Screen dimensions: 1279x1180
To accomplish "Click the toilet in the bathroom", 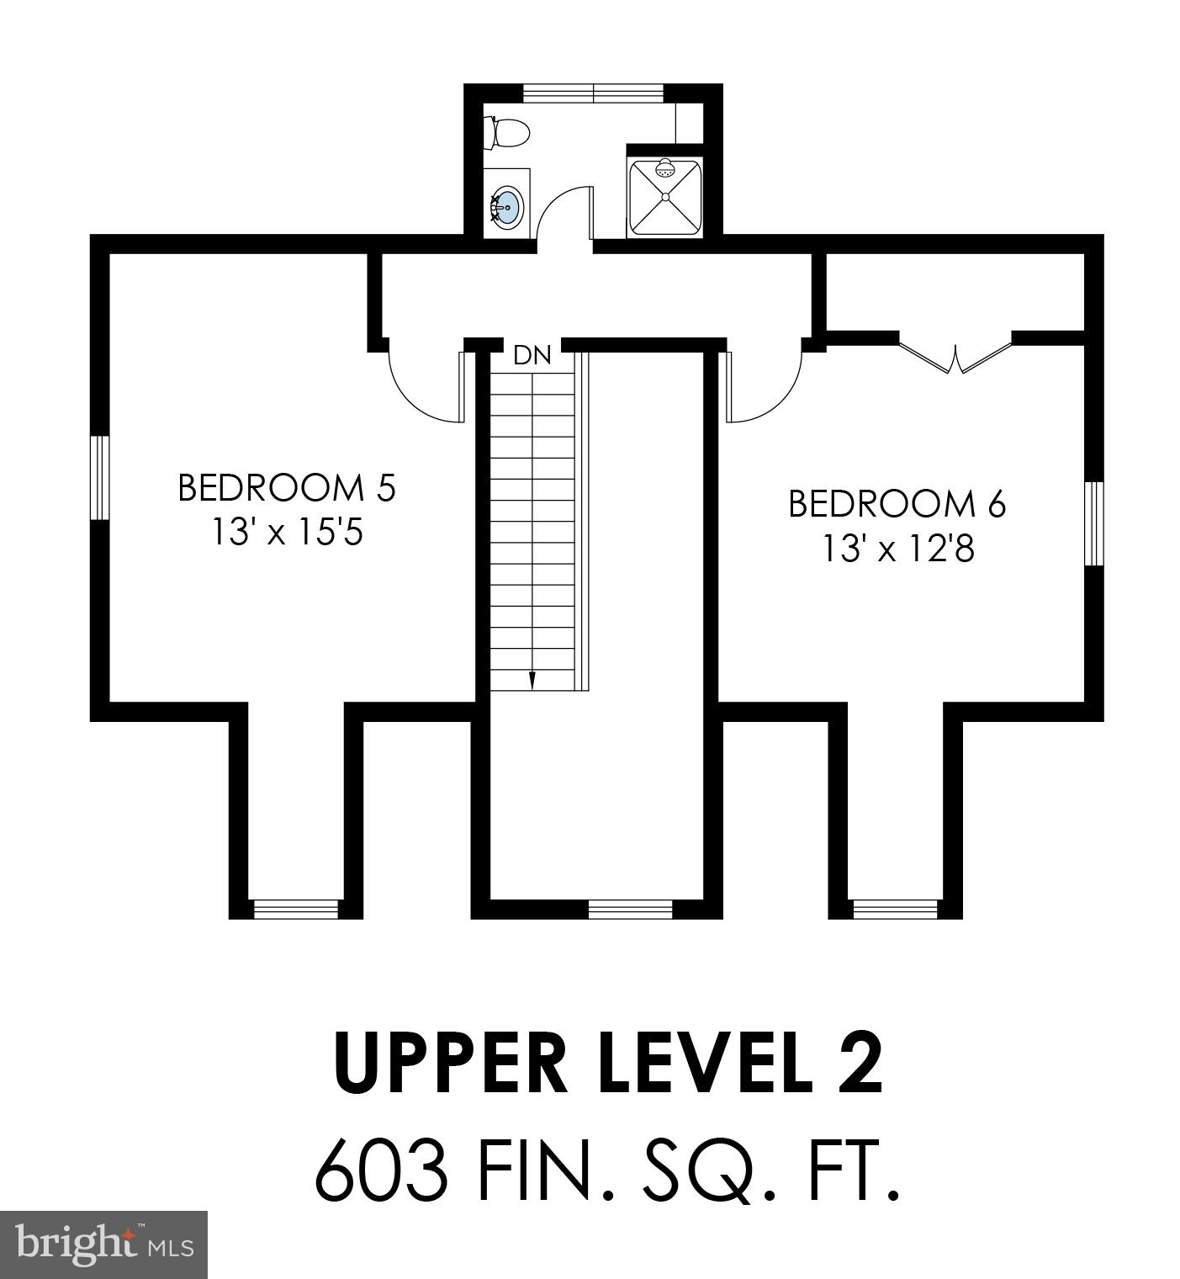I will pyautogui.click(x=508, y=133).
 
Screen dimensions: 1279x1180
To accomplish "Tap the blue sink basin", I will pyautogui.click(x=507, y=204).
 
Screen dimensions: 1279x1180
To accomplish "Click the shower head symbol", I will pyautogui.click(x=665, y=169).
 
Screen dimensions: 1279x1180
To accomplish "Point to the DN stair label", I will pyautogui.click(x=532, y=355).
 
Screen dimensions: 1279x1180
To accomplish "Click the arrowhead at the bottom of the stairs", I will pyautogui.click(x=532, y=682).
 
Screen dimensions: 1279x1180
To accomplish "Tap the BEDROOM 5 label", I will pyautogui.click(x=286, y=488).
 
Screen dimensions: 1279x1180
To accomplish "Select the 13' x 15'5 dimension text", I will pyautogui.click(x=286, y=532).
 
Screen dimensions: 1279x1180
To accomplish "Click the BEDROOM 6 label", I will pyautogui.click(x=897, y=504).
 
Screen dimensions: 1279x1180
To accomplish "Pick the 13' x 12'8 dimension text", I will pyautogui.click(x=897, y=549).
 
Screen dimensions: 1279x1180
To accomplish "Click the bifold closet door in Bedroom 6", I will pyautogui.click(x=955, y=357).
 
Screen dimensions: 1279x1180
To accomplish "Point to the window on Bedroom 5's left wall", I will pyautogui.click(x=100, y=477).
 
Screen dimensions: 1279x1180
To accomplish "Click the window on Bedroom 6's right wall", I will pyautogui.click(x=1093, y=523).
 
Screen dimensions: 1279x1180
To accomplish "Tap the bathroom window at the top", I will pyautogui.click(x=594, y=93).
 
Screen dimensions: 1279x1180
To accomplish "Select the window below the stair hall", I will pyautogui.click(x=630, y=908).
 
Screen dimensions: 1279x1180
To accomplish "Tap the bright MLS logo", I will pyautogui.click(x=103, y=1244).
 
